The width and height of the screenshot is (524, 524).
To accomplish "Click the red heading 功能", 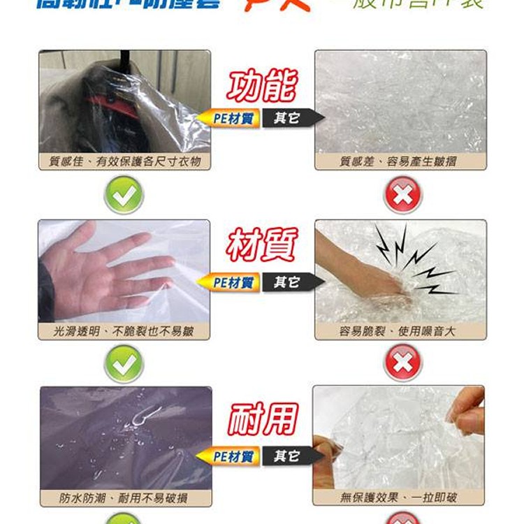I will click(262, 87).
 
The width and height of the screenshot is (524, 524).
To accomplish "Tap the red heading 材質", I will click(262, 246).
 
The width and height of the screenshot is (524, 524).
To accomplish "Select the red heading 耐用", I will click(262, 419).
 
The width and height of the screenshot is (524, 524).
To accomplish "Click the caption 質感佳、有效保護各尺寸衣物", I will click(124, 161).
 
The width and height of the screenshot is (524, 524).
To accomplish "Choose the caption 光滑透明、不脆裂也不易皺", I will click(124, 331).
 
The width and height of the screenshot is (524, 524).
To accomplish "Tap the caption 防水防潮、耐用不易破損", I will click(124, 497).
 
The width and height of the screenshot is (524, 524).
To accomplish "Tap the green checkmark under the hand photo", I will click(124, 363).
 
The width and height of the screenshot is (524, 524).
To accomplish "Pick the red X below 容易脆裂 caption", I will click(403, 363).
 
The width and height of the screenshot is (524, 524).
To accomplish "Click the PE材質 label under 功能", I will click(232, 119).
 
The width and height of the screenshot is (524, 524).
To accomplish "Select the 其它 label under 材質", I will click(286, 282).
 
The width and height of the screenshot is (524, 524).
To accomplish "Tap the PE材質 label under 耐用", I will click(232, 457).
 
